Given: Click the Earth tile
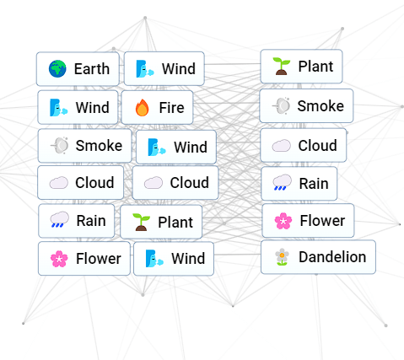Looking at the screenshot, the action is pyautogui.click(x=78, y=69).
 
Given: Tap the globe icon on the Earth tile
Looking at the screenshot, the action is pyautogui.click(x=57, y=68).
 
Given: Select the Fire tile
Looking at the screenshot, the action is pyautogui.click(x=157, y=107).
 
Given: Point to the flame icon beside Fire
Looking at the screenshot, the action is pyautogui.click(x=143, y=108).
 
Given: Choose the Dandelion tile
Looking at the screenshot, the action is pyautogui.click(x=318, y=257).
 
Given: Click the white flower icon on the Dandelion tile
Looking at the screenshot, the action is pyautogui.click(x=282, y=257).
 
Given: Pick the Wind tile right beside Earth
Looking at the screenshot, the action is pyautogui.click(x=164, y=68).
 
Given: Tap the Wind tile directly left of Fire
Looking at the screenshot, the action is pyautogui.click(x=78, y=107).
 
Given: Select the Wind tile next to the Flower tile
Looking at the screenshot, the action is pyautogui.click(x=174, y=259).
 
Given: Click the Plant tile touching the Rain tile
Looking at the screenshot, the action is pyautogui.click(x=161, y=222).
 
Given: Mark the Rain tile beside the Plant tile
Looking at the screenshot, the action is pyautogui.click(x=77, y=221).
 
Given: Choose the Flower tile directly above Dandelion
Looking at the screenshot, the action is pyautogui.click(x=308, y=221).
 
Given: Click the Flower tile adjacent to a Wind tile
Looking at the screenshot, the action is pyautogui.click(x=84, y=259).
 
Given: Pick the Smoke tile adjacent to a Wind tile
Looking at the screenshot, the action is pyautogui.click(x=84, y=146).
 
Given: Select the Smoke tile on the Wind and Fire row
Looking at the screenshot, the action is pyautogui.click(x=306, y=106).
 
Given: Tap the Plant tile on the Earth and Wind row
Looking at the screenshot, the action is pyautogui.click(x=301, y=67).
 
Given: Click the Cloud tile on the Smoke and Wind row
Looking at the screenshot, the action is pyautogui.click(x=304, y=145).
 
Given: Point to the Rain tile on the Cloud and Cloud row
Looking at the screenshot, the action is pyautogui.click(x=299, y=184).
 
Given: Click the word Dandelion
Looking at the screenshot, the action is pyautogui.click(x=332, y=257).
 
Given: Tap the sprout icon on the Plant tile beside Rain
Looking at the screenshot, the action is pyautogui.click(x=141, y=222).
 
